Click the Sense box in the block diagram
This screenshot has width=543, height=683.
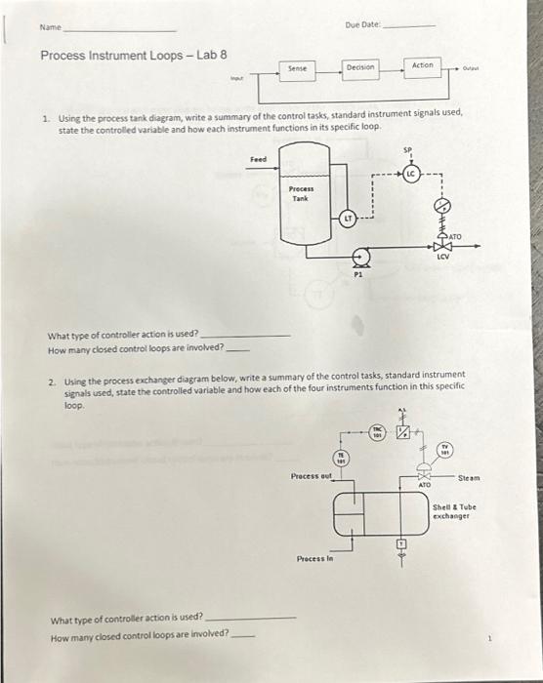[x=299, y=68]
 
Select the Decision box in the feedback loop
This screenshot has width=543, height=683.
[x=360, y=68]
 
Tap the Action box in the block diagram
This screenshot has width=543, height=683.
[x=423, y=67]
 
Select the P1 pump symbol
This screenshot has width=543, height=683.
[x=359, y=260]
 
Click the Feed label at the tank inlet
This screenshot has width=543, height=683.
[x=258, y=158]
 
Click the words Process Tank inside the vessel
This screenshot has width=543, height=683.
[x=301, y=193]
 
